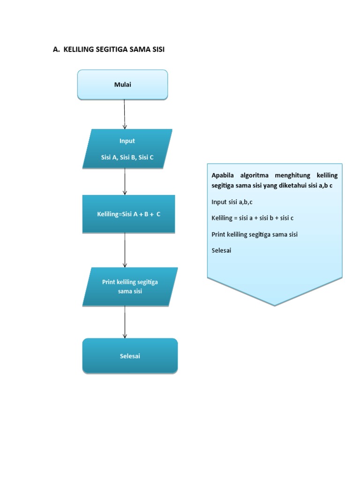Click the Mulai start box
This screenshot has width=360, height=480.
point(122,85)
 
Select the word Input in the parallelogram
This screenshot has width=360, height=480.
point(127,141)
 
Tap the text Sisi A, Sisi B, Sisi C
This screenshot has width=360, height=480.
point(127,157)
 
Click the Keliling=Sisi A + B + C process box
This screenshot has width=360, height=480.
point(129,214)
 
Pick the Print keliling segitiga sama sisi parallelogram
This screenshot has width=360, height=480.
point(130,286)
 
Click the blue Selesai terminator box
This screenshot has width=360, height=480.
point(130,356)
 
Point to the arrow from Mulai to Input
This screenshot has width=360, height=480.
point(125,114)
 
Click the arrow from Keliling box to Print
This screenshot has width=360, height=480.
point(125,250)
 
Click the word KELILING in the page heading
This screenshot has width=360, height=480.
point(78,49)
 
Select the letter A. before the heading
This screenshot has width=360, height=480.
point(56,49)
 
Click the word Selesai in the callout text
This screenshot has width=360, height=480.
point(221,250)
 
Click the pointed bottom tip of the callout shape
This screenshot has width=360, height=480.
point(275,305)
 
